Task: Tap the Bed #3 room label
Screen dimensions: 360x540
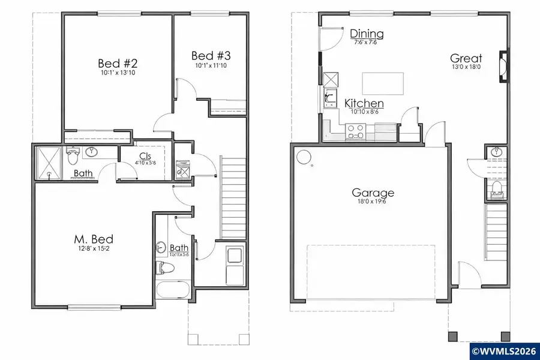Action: (212, 56)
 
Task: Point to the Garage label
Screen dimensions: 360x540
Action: (373, 193)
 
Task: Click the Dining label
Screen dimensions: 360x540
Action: (367, 34)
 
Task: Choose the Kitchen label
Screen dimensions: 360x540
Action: (364, 104)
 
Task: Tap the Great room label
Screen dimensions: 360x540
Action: (466, 58)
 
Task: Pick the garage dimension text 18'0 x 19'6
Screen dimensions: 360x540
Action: (373, 202)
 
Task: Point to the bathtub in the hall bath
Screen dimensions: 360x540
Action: (173, 292)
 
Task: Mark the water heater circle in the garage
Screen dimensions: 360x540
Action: (304, 157)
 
